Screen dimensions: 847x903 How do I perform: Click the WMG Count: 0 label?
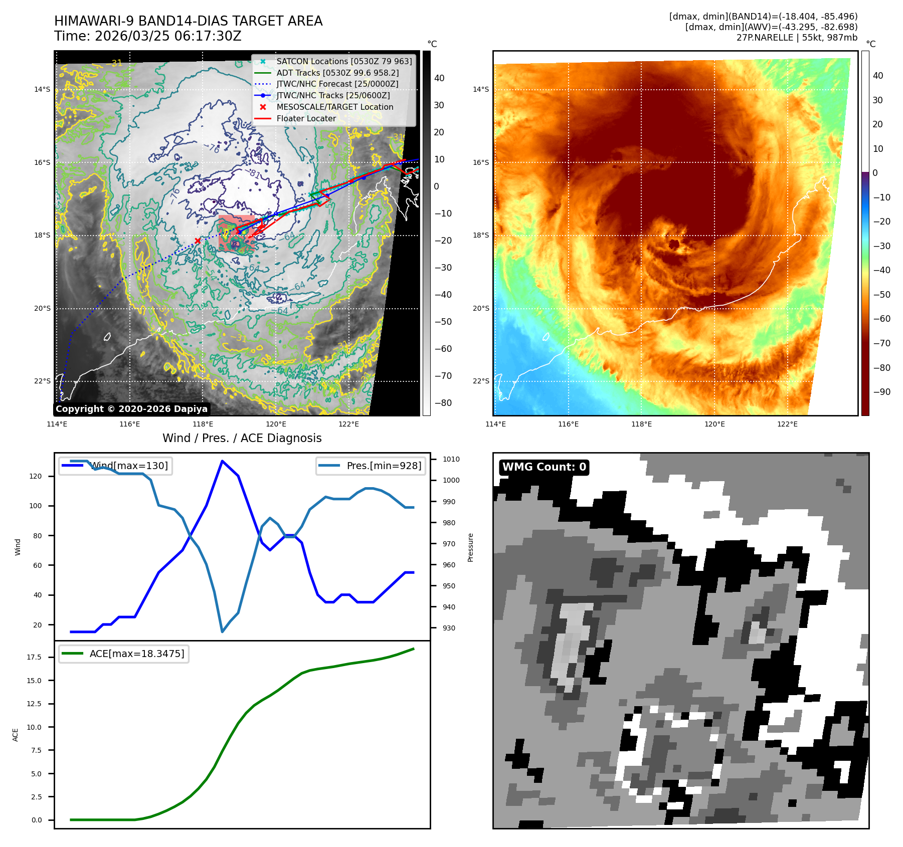(x=544, y=467)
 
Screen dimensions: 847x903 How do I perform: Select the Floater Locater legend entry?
(x=306, y=118)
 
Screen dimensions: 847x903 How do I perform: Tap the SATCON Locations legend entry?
(x=344, y=61)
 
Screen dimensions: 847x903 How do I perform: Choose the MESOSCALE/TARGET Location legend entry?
(x=334, y=107)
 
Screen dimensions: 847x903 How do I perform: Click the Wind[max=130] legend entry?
(x=129, y=466)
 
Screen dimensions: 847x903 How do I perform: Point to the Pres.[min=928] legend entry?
(x=384, y=466)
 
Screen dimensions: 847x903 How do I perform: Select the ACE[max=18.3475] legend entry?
(x=136, y=654)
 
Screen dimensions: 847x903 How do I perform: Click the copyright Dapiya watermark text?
(x=131, y=409)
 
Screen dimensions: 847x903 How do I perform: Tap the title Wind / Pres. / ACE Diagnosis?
(x=242, y=438)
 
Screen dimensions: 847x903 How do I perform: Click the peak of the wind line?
(x=222, y=461)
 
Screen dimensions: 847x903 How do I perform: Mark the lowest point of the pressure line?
(x=222, y=631)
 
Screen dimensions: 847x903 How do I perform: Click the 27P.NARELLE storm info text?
(x=797, y=38)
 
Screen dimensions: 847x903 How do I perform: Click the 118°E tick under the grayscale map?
(x=203, y=424)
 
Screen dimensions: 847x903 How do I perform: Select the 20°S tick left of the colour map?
(x=481, y=308)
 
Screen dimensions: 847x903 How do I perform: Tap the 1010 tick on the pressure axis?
(x=451, y=459)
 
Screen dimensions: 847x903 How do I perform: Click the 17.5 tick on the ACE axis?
(x=34, y=657)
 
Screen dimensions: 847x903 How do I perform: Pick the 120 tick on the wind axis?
(x=36, y=476)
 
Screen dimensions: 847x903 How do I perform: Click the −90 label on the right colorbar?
(x=881, y=392)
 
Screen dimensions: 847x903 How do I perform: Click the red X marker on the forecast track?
(x=198, y=241)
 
